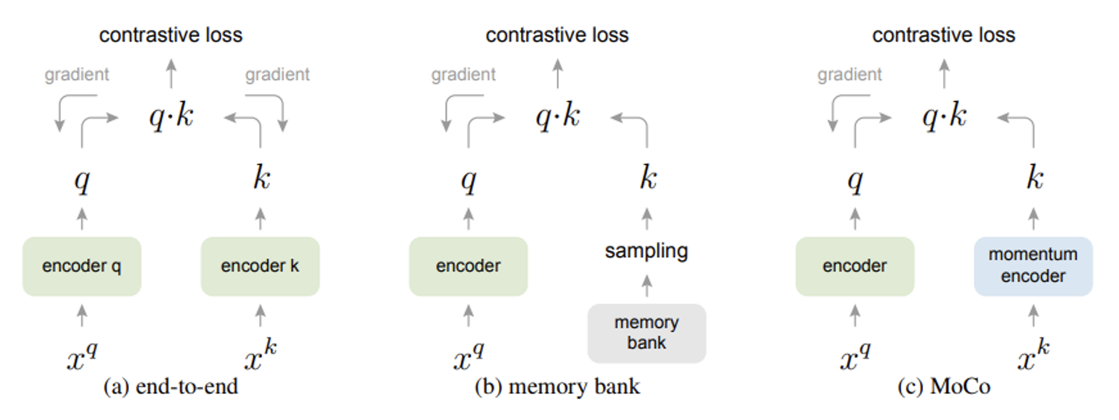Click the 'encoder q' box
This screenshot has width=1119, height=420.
82,266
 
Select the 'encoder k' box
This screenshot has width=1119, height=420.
260,266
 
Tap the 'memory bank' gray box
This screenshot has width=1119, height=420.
647,333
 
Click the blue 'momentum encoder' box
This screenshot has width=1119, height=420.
1033,266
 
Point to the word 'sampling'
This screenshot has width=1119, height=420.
647,251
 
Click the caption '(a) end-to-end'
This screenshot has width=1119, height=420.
171,386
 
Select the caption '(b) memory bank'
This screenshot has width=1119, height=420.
557,386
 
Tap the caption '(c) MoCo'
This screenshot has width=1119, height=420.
944,386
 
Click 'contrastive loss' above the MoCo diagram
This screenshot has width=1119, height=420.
944,35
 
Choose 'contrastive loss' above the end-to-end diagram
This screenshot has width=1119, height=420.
171,35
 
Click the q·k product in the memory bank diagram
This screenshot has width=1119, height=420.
558,115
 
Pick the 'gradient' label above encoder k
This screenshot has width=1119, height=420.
277,75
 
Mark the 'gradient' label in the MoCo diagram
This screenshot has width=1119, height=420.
850,75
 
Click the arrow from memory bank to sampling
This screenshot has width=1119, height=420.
647,286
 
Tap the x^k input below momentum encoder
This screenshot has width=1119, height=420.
1034,354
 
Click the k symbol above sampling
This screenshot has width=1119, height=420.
648,177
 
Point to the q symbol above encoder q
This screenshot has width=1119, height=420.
82,181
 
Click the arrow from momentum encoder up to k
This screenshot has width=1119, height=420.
1033,219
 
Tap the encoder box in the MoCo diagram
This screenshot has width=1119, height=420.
855,266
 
